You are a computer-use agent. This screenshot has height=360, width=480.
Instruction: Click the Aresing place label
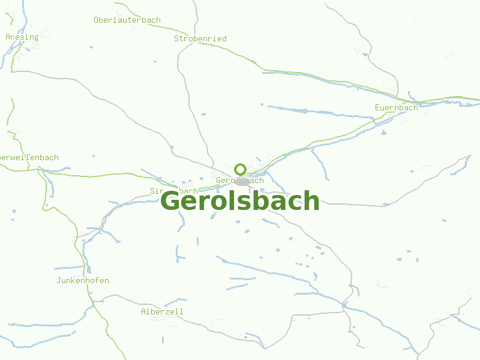[22, 37]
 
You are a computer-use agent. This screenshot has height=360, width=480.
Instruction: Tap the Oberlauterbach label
[127, 20]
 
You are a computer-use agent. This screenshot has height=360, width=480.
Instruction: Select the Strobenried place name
[200, 39]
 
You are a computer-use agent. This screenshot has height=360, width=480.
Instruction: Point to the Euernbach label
[396, 108]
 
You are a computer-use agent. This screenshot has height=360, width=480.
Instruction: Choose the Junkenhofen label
[83, 281]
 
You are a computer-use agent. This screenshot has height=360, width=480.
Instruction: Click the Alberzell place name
[162, 312]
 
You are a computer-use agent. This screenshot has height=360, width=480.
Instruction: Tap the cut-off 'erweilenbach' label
[30, 158]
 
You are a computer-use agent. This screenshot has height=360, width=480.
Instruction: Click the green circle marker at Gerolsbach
[241, 169]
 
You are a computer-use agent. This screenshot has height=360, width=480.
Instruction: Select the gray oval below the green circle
[242, 182]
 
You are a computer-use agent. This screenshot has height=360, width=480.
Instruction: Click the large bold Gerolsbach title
[240, 201]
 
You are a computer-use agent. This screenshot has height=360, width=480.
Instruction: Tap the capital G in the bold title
[170, 201]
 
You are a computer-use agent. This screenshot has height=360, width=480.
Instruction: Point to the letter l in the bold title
[227, 200]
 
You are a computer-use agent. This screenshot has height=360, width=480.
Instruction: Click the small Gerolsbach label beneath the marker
[239, 181]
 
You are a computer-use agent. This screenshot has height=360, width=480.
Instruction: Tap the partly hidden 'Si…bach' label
[174, 191]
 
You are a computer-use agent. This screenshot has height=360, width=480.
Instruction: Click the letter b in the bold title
[256, 200]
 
